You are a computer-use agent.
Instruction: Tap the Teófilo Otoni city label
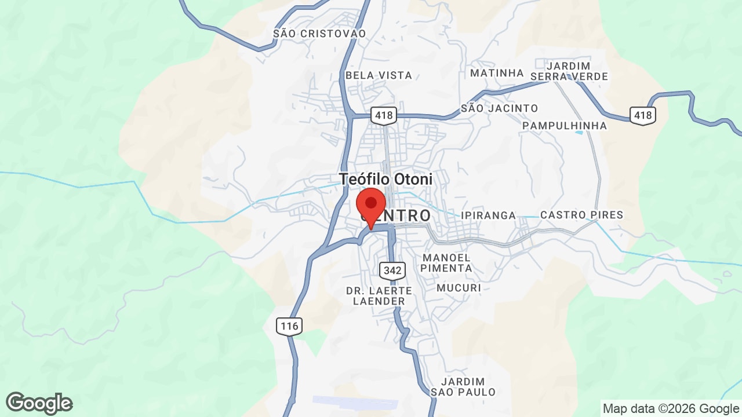[385, 180]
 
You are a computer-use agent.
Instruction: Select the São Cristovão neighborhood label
[319, 34]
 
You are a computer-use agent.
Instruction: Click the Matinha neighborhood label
[497, 73]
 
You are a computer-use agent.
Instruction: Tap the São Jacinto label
[499, 108]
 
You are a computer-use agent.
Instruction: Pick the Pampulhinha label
[565, 126]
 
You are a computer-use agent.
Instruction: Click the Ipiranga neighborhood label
[489, 215]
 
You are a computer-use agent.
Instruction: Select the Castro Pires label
[581, 215]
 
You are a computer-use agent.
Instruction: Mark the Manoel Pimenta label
[446, 262]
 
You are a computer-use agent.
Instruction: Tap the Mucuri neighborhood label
[459, 288]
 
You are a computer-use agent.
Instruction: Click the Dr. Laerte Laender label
[379, 296]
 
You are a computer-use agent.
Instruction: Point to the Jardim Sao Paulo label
[463, 387]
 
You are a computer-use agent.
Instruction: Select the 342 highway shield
[392, 270]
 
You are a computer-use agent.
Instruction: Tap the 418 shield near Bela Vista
[384, 115]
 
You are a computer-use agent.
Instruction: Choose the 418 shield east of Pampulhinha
[643, 115]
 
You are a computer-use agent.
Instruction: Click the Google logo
[39, 403]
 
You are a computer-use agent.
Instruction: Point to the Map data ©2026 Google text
[671, 409]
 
